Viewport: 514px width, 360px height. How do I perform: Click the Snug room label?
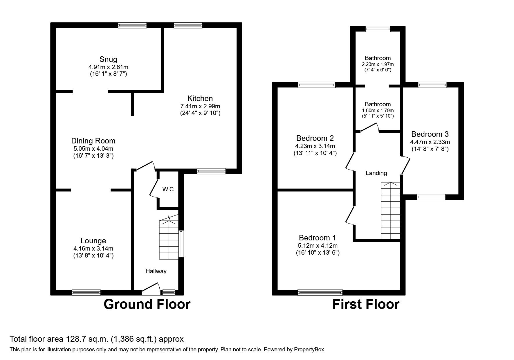tap(108, 59)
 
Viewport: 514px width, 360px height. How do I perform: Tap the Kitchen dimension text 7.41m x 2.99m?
tap(200, 106)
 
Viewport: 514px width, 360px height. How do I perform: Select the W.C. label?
tap(169, 190)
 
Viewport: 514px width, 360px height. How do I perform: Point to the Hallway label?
tap(156, 271)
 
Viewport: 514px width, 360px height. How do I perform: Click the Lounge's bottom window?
tap(86, 292)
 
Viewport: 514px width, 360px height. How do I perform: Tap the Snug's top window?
tap(132, 26)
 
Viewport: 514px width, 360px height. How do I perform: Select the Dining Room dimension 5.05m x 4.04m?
tap(93, 149)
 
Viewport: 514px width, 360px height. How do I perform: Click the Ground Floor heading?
tap(147, 304)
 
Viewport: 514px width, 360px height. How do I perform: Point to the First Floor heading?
tap(366, 304)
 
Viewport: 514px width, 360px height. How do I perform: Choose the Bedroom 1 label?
tap(318, 238)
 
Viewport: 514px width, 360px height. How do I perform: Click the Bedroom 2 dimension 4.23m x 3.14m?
tap(315, 146)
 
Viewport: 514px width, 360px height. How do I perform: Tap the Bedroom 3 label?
tap(430, 134)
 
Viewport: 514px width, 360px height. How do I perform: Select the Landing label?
tap(376, 173)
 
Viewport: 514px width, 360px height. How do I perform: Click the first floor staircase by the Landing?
tap(391, 211)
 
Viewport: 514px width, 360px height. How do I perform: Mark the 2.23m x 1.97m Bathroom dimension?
tap(378, 64)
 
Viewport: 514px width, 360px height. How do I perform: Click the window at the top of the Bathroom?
tap(378, 28)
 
